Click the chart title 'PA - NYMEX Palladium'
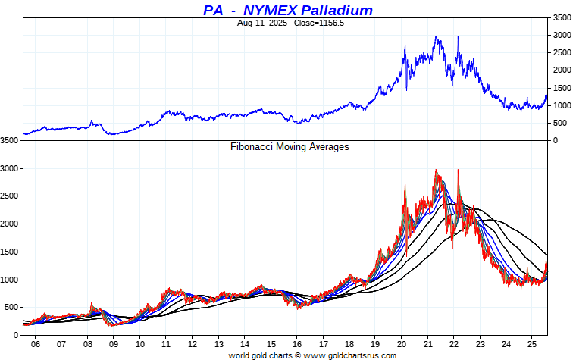click(x=288, y=10)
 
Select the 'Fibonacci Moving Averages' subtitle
click(x=290, y=146)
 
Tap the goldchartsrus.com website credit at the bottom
click(x=312, y=355)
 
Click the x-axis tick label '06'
click(x=35, y=343)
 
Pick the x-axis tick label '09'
click(x=114, y=343)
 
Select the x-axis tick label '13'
click(x=218, y=343)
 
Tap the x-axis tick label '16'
click(x=297, y=343)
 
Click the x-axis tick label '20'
click(x=402, y=343)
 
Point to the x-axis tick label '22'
click(x=454, y=343)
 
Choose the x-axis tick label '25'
click(x=533, y=343)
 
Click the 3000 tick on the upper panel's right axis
click(x=562, y=35)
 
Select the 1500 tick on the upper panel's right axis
click(x=562, y=88)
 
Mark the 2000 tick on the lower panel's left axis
click(x=10, y=224)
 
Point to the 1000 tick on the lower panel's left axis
click(x=10, y=280)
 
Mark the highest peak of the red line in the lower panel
click(x=436, y=170)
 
